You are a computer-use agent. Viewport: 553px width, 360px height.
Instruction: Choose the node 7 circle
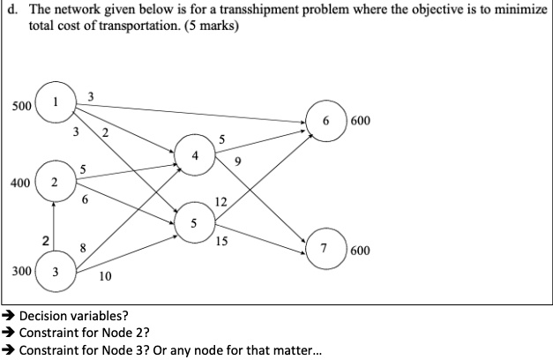click(x=324, y=250)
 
